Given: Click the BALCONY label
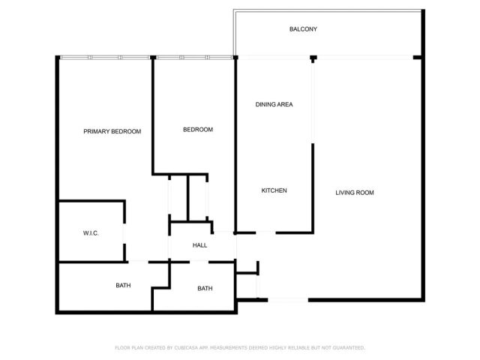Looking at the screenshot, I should coord(304,29).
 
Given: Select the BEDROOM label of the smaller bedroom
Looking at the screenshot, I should coord(198,130).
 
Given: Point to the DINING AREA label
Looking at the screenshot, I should coord(274,104).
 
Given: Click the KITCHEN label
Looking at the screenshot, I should coord(274,190).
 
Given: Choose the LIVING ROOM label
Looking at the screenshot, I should coord(354,193).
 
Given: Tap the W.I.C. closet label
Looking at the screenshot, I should coord(91,233).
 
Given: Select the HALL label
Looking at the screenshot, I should coord(199,245).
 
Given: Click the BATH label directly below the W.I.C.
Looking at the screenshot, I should coord(123,285).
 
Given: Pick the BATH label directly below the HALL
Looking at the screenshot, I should coord(205,289).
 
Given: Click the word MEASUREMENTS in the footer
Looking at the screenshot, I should coord(238,348).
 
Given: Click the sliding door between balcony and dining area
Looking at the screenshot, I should coord(274,57).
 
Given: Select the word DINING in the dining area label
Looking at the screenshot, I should coord(265,104).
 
